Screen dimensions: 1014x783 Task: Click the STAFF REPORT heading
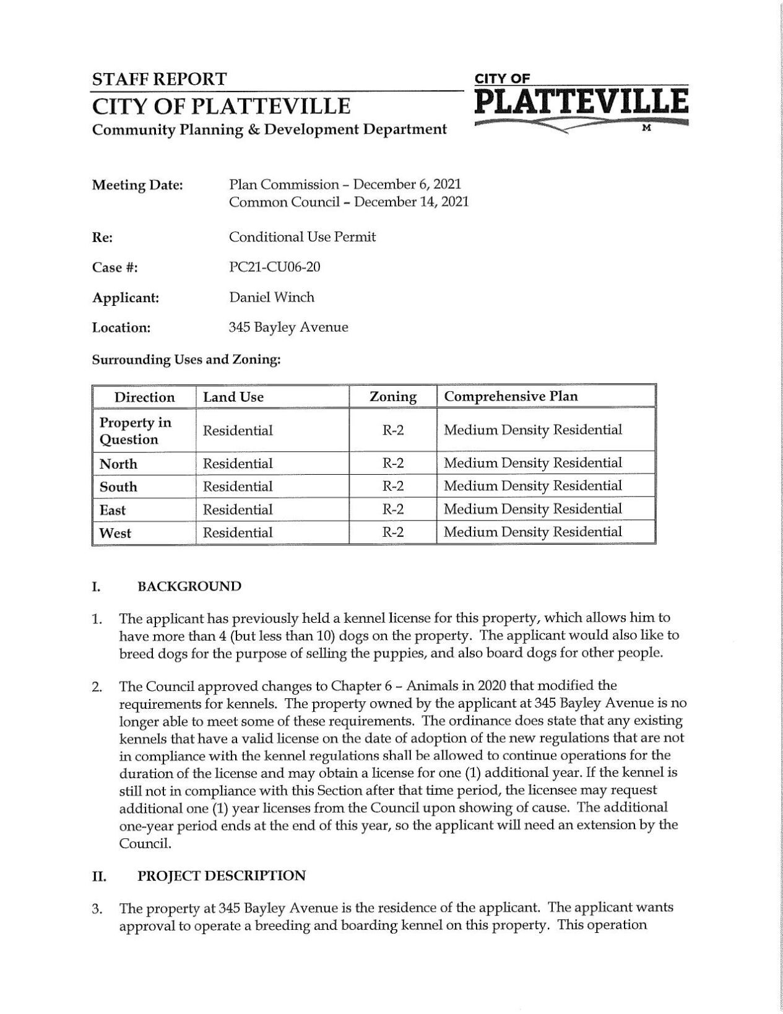pos(159,79)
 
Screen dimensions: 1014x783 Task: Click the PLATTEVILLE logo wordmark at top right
pos(581,102)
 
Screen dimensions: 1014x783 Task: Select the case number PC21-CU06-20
pos(274,267)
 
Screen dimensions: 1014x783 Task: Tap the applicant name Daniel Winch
pos(271,297)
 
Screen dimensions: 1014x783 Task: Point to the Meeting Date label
pos(137,185)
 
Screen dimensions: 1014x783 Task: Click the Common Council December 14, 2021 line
pos(348,202)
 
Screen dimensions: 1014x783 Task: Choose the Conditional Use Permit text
pos(302,237)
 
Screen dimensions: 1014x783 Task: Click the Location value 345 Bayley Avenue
pos(288,327)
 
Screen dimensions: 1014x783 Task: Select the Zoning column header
pos(392,397)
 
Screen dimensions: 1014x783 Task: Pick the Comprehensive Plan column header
pos(511,396)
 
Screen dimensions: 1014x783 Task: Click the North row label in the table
pos(118,464)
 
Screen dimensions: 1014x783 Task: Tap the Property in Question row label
pos(135,431)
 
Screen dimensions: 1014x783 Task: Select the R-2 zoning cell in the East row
pos(392,509)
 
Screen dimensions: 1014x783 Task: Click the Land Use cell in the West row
pos(238,532)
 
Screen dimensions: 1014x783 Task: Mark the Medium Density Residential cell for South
pos(532,486)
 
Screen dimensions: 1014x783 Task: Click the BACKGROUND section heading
pos(189,586)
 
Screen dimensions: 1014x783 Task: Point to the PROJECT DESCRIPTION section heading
pos(221,876)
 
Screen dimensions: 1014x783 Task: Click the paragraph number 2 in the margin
pos(97,687)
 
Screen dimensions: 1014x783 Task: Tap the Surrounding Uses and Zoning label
pos(186,360)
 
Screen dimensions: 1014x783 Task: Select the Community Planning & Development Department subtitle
pos(269,129)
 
